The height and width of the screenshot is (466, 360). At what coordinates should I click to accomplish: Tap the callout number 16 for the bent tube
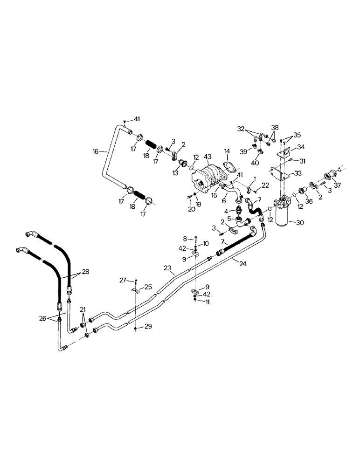95,151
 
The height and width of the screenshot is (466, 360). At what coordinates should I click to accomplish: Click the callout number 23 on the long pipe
168,268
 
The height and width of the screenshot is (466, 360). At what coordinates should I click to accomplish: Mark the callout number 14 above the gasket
227,151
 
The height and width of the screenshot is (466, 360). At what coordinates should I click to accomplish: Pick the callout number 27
122,280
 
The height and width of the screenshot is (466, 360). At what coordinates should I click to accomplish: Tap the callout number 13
176,172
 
